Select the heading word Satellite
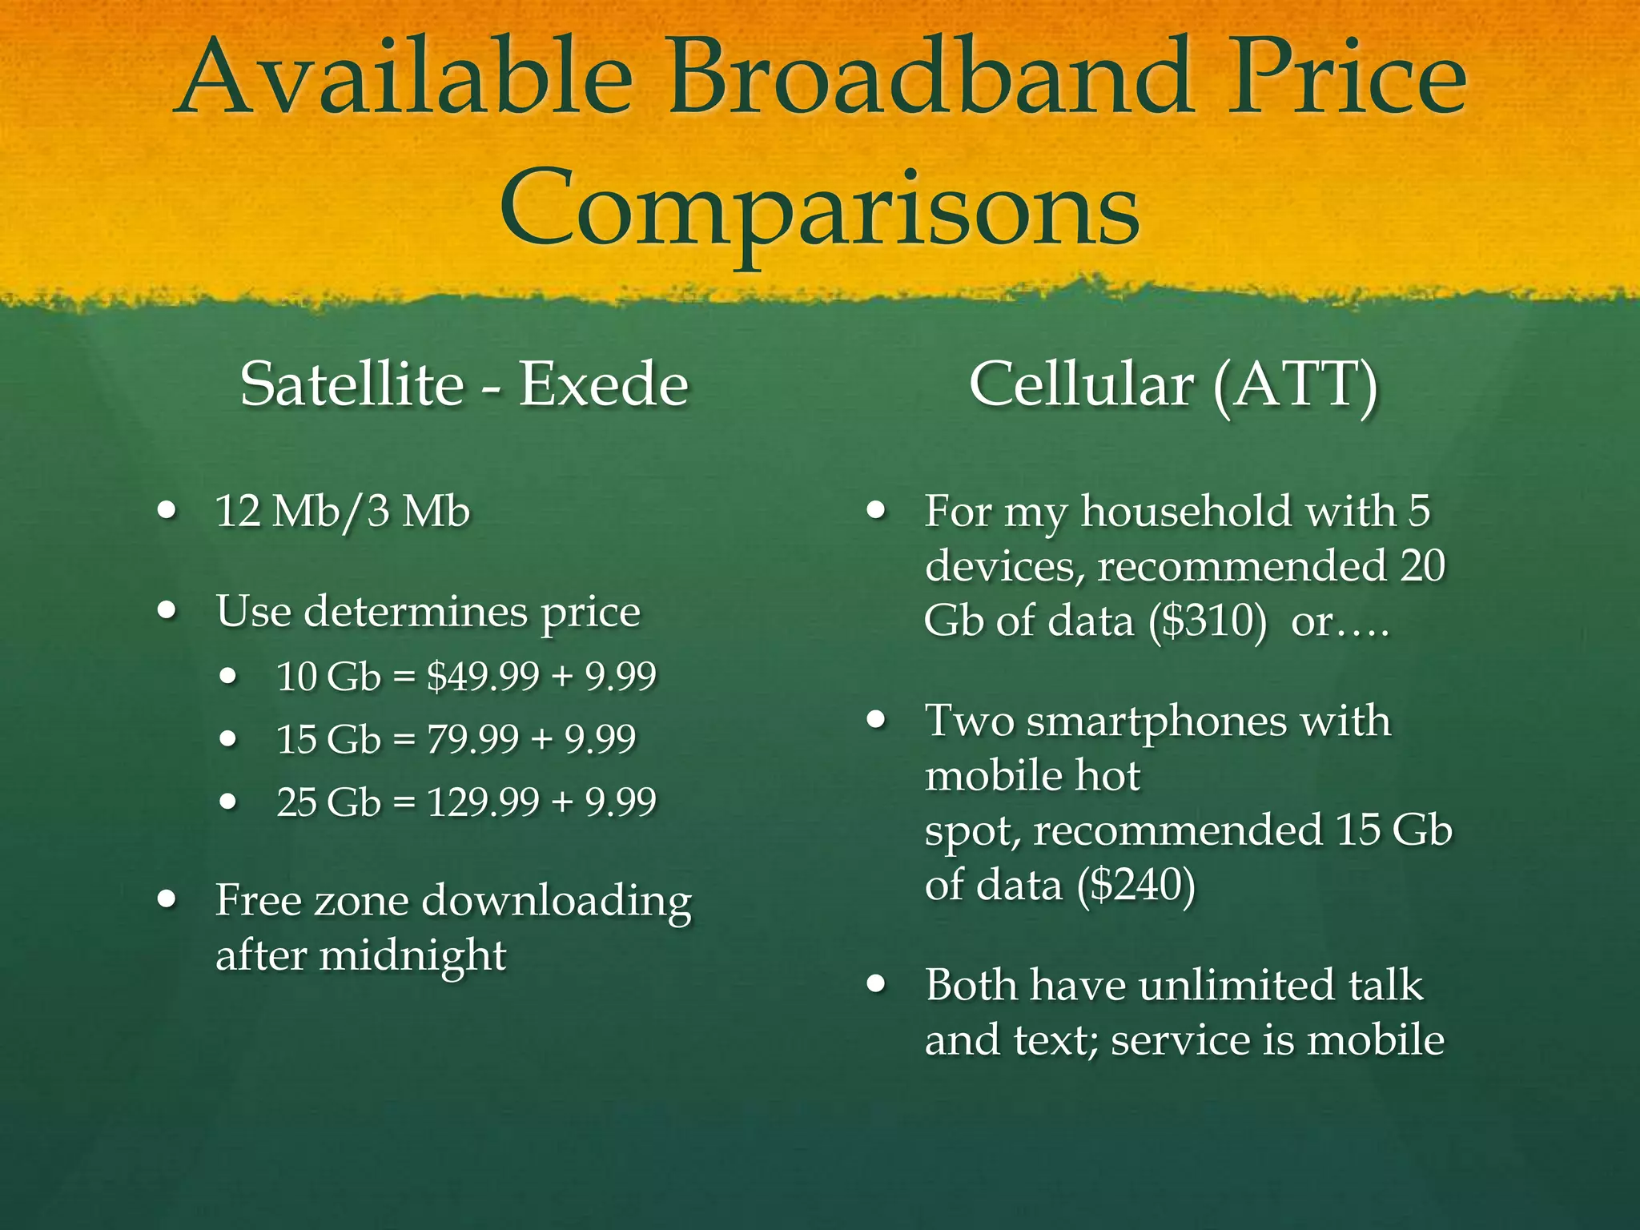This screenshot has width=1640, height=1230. (352, 384)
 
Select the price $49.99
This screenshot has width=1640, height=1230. (483, 677)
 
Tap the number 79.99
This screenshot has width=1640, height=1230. (472, 739)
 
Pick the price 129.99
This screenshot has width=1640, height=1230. (483, 802)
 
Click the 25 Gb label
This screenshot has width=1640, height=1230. (328, 802)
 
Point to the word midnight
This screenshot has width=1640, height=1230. (412, 955)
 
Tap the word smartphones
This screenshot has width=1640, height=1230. (1157, 721)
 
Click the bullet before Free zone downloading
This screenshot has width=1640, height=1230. (167, 900)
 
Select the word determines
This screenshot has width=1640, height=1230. (416, 612)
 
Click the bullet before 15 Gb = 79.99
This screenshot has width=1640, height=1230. (229, 739)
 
